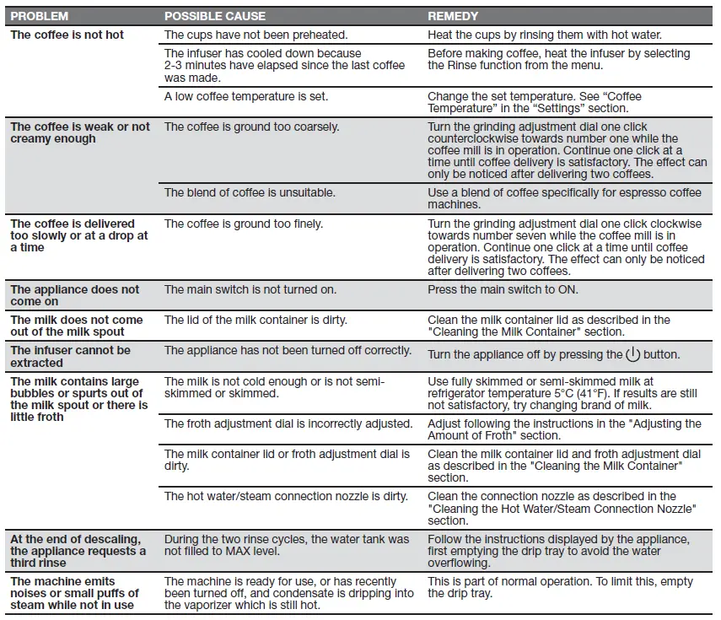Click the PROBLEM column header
coord(40,16)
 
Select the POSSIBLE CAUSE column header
coord(214,16)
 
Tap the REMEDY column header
coord(453,16)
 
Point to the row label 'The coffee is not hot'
coord(67,35)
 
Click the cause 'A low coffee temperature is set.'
coord(246,96)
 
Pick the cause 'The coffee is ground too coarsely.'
coord(251,127)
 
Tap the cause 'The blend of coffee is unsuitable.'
coord(250,192)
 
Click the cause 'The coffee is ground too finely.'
coord(244,224)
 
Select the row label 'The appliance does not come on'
coord(75,295)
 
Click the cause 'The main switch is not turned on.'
coord(250,289)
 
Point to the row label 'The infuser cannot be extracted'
coord(71,356)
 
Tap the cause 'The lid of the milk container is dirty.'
coord(256,320)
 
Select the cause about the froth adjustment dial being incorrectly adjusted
coord(288,423)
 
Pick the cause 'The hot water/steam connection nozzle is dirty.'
coord(286,496)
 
